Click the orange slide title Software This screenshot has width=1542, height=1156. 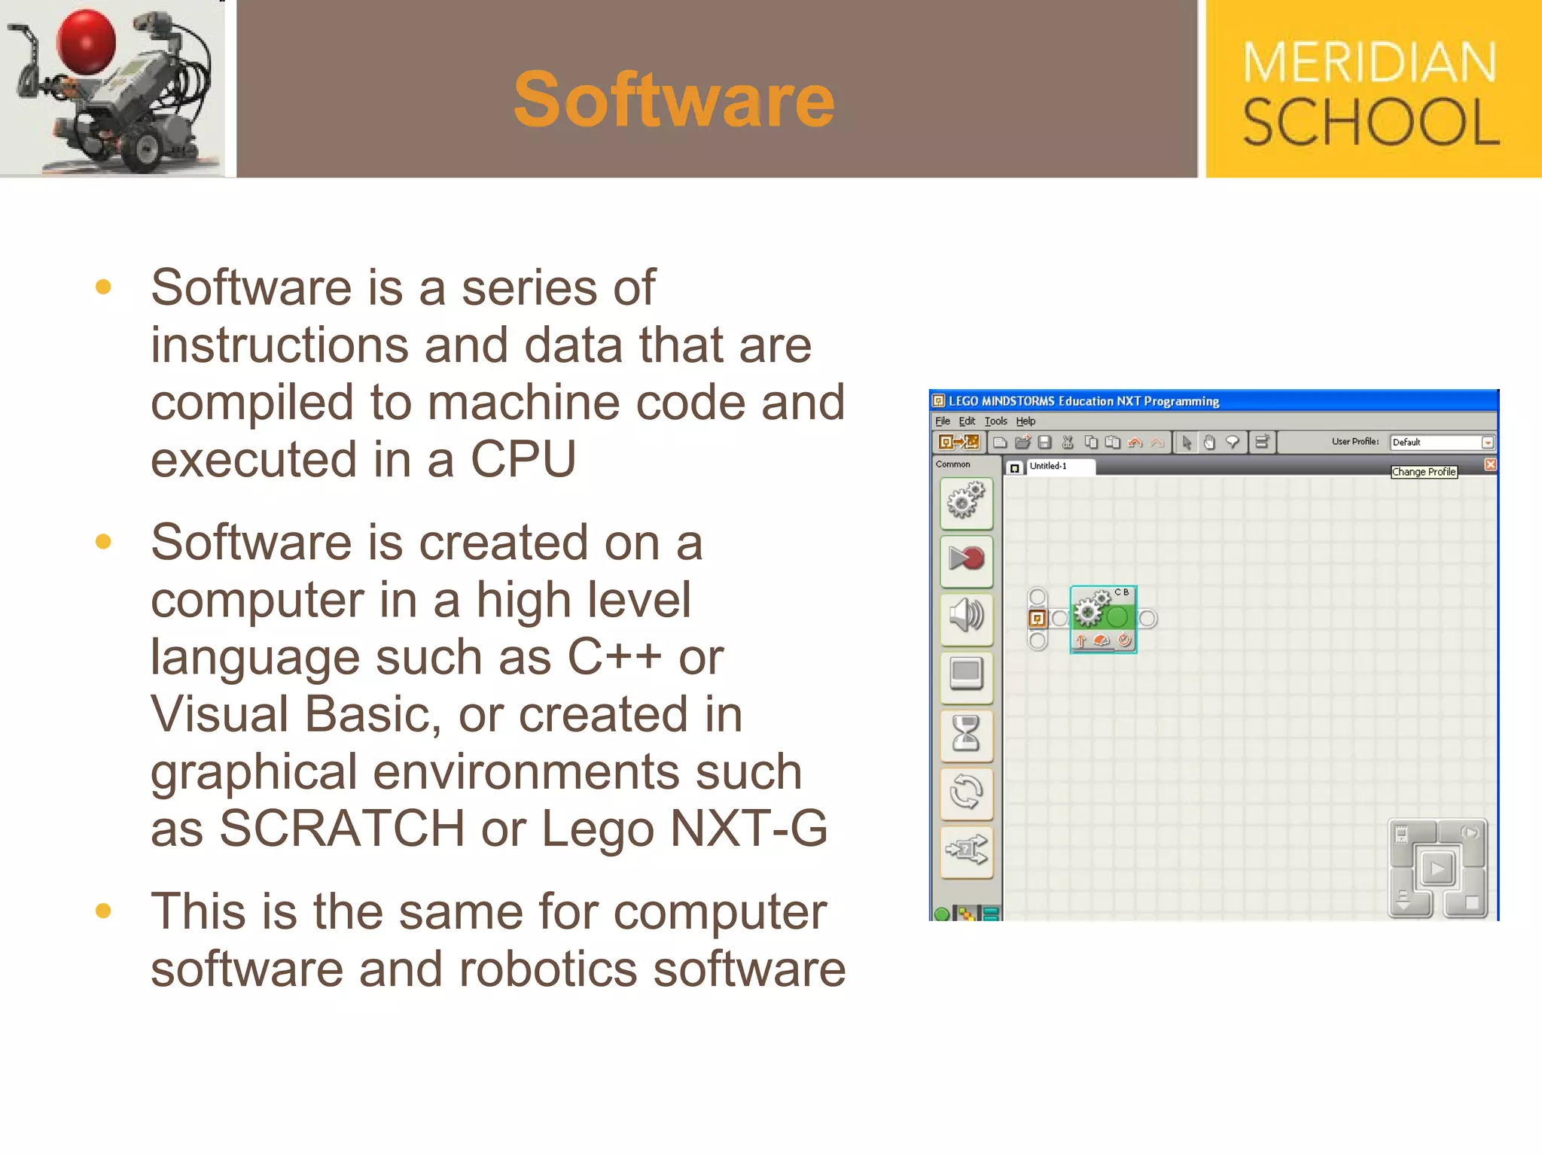(x=673, y=99)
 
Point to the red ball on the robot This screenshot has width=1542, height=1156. (x=86, y=41)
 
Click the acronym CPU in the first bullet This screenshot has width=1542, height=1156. (x=523, y=459)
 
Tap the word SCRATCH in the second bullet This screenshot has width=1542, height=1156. (x=341, y=829)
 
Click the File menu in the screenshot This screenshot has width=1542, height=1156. (x=943, y=421)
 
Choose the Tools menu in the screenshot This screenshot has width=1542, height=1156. (x=995, y=421)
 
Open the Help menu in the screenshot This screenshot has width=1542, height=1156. (x=1025, y=421)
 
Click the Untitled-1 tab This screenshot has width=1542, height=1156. (x=1048, y=467)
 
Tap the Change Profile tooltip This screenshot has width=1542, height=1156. (x=1423, y=472)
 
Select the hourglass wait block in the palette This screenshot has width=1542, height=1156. (x=967, y=734)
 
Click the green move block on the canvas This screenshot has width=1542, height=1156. (x=1103, y=619)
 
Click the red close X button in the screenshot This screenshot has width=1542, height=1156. (x=1490, y=464)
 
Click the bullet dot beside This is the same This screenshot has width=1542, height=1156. (x=104, y=911)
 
